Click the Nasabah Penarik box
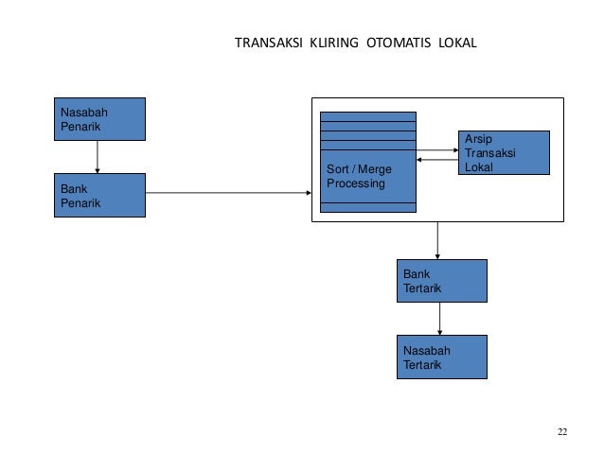click(98, 119)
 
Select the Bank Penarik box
click(98, 195)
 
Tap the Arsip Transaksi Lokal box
click(504, 153)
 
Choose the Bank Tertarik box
click(440, 281)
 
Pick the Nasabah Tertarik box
click(440, 357)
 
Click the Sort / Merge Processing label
click(358, 176)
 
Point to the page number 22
click(562, 432)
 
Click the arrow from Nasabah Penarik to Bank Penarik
click(98, 157)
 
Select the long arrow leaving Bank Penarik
click(228, 194)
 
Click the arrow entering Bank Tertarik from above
click(437, 240)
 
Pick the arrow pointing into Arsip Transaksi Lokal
click(437, 149)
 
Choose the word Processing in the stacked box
click(356, 183)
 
